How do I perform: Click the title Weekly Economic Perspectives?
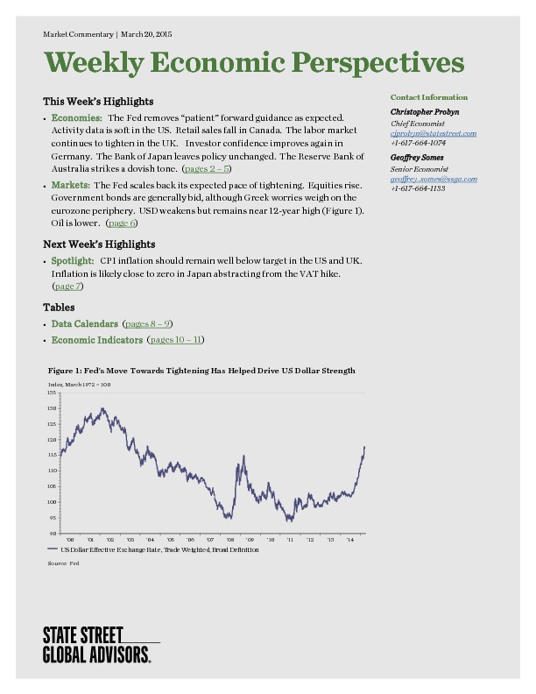coord(254,63)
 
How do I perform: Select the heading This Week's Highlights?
coord(98,102)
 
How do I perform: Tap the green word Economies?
coord(76,117)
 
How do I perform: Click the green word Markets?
coord(70,186)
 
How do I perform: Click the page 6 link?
coord(122,223)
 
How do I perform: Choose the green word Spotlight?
coord(72,261)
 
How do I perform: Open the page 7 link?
coord(68,287)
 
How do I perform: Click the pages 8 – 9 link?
coord(148,324)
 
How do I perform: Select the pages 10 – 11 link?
coord(177,340)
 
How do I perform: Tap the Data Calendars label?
coord(84,324)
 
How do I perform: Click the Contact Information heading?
coord(429,97)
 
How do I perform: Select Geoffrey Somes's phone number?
coord(419,188)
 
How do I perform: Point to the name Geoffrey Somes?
coord(417,157)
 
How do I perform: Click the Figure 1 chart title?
coord(201,371)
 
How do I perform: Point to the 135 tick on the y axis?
coord(53,393)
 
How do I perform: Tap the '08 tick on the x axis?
coord(230,540)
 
